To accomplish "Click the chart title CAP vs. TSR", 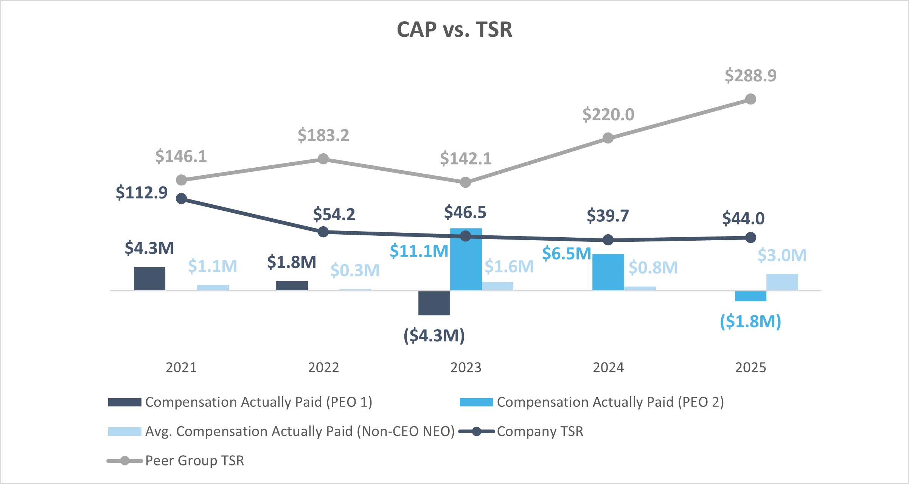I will click(454, 30).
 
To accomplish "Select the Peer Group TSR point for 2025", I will click(751, 99).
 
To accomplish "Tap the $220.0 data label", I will click(608, 114).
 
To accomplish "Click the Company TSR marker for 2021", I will click(182, 199).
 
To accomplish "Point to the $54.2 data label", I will click(334, 215).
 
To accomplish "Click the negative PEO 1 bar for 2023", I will click(434, 303).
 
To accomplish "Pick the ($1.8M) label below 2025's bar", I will click(750, 321).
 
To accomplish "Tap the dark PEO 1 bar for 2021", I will click(149, 279).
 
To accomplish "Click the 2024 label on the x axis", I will click(608, 367).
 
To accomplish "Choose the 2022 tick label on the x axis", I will click(323, 367).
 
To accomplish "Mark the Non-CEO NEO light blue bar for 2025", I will click(782, 282).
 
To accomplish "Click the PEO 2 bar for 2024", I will click(608, 272).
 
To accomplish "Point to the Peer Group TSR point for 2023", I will click(466, 182).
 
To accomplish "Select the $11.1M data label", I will click(419, 251).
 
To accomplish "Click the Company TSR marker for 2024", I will click(608, 240).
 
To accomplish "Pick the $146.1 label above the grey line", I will click(181, 156).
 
